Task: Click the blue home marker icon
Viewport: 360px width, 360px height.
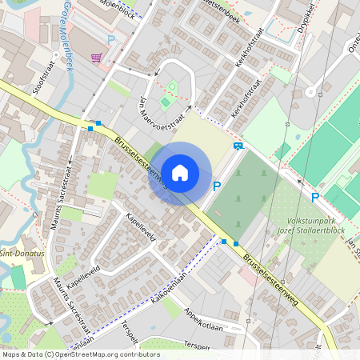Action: pyautogui.click(x=180, y=172)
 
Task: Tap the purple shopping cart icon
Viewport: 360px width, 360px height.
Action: pyautogui.click(x=96, y=58)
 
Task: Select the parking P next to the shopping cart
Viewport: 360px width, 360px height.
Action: pyautogui.click(x=111, y=39)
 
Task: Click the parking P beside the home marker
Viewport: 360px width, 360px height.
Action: pyautogui.click(x=216, y=186)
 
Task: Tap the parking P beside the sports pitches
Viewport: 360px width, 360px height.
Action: pyautogui.click(x=314, y=197)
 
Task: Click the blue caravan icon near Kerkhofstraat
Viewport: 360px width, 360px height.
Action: pyautogui.click(x=238, y=146)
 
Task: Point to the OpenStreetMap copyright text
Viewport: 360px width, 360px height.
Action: pyautogui.click(x=80, y=354)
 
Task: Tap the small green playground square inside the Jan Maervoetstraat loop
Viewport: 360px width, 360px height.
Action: pyautogui.click(x=166, y=102)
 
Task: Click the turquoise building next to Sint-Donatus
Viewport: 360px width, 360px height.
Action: pyautogui.click(x=18, y=277)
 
